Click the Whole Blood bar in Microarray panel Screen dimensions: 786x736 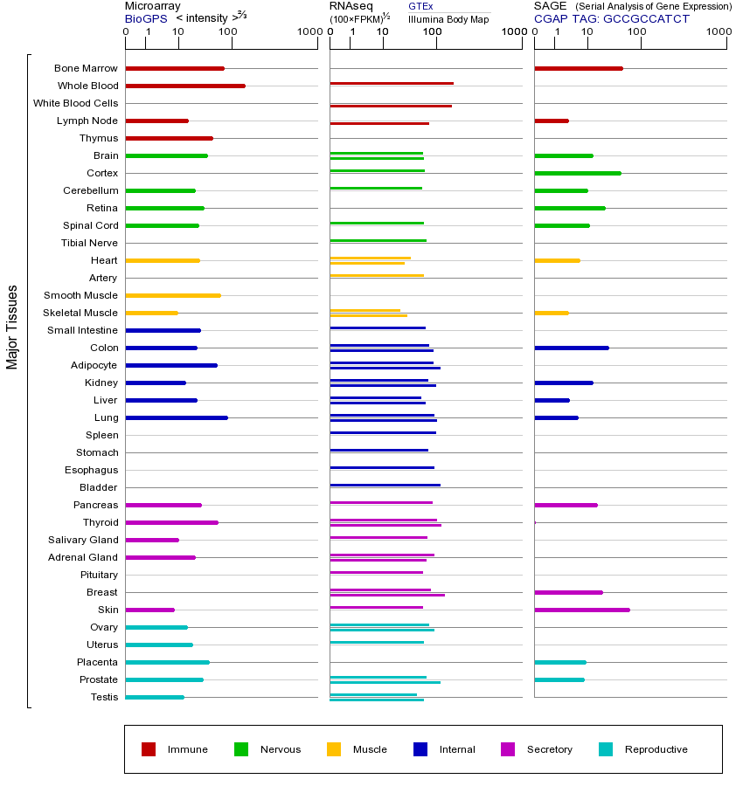click(x=185, y=86)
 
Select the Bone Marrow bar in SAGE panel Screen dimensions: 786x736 click(x=578, y=68)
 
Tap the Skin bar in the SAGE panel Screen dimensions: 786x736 click(x=581, y=610)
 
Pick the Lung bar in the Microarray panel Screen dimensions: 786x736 click(x=177, y=417)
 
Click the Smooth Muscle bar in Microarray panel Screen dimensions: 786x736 click(x=173, y=295)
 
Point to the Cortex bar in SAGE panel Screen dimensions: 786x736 click(x=577, y=173)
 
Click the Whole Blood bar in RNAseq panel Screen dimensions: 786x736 click(x=392, y=83)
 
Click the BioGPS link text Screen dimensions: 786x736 click(x=146, y=18)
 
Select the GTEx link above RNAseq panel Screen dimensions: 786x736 click(x=420, y=6)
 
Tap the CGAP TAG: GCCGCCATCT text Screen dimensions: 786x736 click(x=611, y=18)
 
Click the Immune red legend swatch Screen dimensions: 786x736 click(x=149, y=749)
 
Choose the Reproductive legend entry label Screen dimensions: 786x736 click(x=656, y=749)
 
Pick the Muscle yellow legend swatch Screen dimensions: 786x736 click(x=334, y=749)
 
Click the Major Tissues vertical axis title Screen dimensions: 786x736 click(x=12, y=327)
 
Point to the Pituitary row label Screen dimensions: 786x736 click(x=98, y=575)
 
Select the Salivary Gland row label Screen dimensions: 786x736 click(x=83, y=540)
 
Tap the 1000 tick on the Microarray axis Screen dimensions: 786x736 click(x=308, y=32)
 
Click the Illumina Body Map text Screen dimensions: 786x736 click(x=448, y=18)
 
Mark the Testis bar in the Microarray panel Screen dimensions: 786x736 click(x=155, y=697)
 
